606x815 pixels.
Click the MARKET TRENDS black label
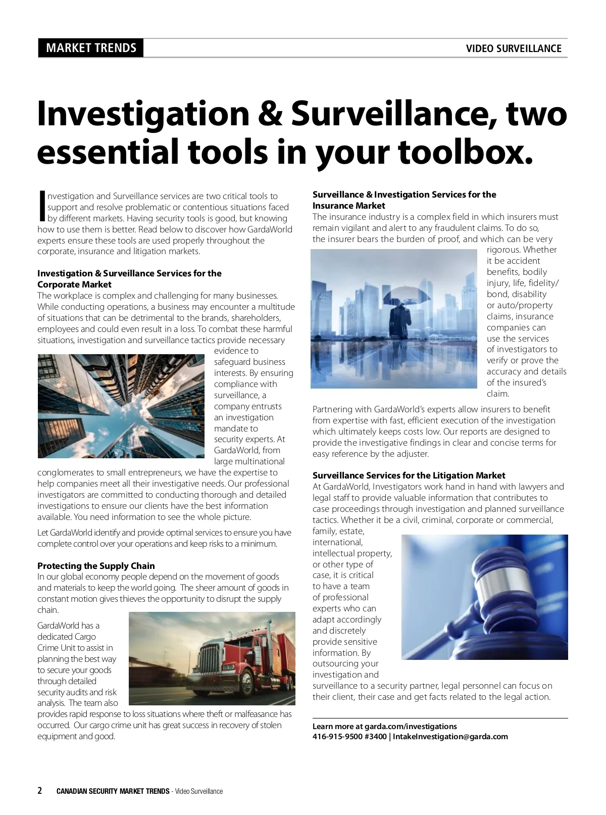pos(91,48)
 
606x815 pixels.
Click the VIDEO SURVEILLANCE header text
pos(514,49)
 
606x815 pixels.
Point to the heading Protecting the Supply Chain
pos(96,566)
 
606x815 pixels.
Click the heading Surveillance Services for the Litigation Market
pos(409,475)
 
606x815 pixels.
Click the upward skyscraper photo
pos(121,406)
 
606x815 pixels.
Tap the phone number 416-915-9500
pos(337,737)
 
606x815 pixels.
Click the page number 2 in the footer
pos(40,791)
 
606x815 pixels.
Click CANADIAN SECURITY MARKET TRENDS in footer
pos(113,791)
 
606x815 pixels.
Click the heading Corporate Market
pos(74,284)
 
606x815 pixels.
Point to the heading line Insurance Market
pos(348,206)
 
